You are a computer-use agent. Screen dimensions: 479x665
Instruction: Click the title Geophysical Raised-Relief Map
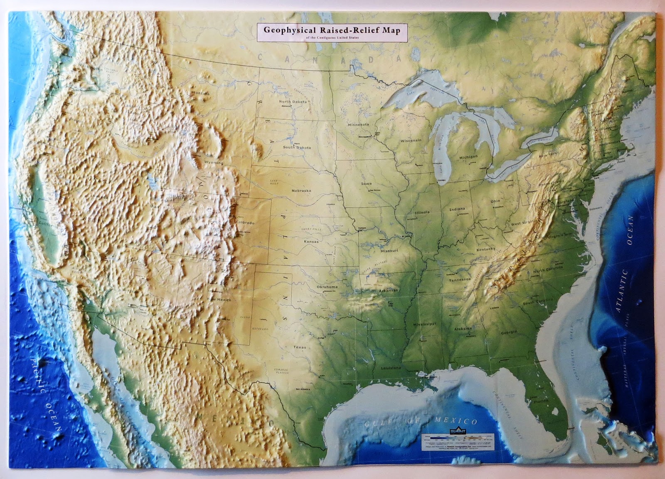click(332, 30)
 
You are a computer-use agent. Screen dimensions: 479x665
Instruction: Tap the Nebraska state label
click(301, 191)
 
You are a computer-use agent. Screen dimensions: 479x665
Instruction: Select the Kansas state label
click(311, 242)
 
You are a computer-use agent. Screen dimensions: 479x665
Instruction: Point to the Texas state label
click(299, 347)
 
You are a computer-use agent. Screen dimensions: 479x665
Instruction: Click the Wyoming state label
click(214, 163)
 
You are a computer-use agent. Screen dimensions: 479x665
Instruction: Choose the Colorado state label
click(245, 223)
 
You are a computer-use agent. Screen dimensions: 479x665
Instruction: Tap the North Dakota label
click(293, 102)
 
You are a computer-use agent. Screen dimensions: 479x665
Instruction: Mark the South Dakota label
click(297, 148)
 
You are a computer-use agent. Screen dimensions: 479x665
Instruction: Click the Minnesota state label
click(358, 124)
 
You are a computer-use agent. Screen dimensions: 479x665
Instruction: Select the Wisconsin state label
click(411, 141)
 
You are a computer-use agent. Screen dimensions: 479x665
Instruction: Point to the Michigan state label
click(468, 157)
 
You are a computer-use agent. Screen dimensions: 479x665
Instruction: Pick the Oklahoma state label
click(327, 287)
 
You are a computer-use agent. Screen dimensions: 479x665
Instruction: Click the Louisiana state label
click(391, 368)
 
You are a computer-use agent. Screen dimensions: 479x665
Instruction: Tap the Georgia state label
click(509, 332)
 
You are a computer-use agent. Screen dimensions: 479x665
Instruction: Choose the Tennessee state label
click(460, 280)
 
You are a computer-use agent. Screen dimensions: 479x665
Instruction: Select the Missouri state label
click(389, 251)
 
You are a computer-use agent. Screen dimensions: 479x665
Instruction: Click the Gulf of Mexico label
click(421, 422)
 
